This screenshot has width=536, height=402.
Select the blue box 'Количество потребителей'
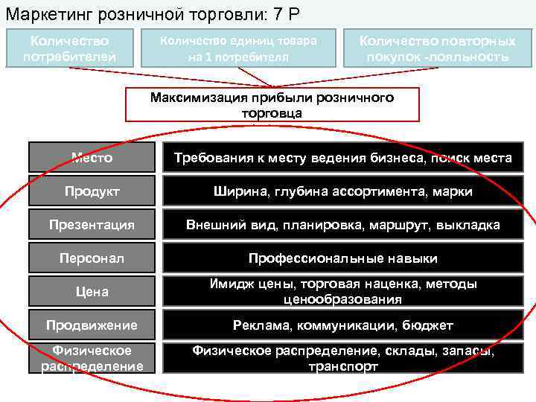pyautogui.click(x=69, y=48)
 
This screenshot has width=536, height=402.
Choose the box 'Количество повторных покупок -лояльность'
pyautogui.click(x=437, y=48)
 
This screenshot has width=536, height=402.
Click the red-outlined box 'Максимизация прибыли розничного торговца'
pyautogui.click(x=272, y=105)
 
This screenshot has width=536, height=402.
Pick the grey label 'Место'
pyautogui.click(x=92, y=158)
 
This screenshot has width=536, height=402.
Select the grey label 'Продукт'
pyautogui.click(x=92, y=191)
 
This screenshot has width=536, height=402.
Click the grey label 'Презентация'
pyautogui.click(x=92, y=225)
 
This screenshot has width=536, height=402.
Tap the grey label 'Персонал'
pyautogui.click(x=92, y=258)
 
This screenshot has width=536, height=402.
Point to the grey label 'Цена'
pyautogui.click(x=92, y=291)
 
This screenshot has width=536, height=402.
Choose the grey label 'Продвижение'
pyautogui.click(x=92, y=325)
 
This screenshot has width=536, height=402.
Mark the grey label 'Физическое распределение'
pyautogui.click(x=92, y=357)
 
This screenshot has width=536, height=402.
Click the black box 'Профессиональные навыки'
pyautogui.click(x=342, y=258)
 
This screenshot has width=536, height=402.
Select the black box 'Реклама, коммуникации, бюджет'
pyautogui.click(x=342, y=325)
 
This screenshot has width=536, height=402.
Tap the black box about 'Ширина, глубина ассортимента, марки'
pyautogui.click(x=342, y=191)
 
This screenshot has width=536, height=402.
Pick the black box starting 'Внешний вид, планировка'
pyautogui.click(x=342, y=225)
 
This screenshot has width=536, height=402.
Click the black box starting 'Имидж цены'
pyautogui.click(x=342, y=291)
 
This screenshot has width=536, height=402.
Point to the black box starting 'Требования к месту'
pyautogui.click(x=342, y=158)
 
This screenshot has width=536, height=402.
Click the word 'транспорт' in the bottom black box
pyautogui.click(x=342, y=366)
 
